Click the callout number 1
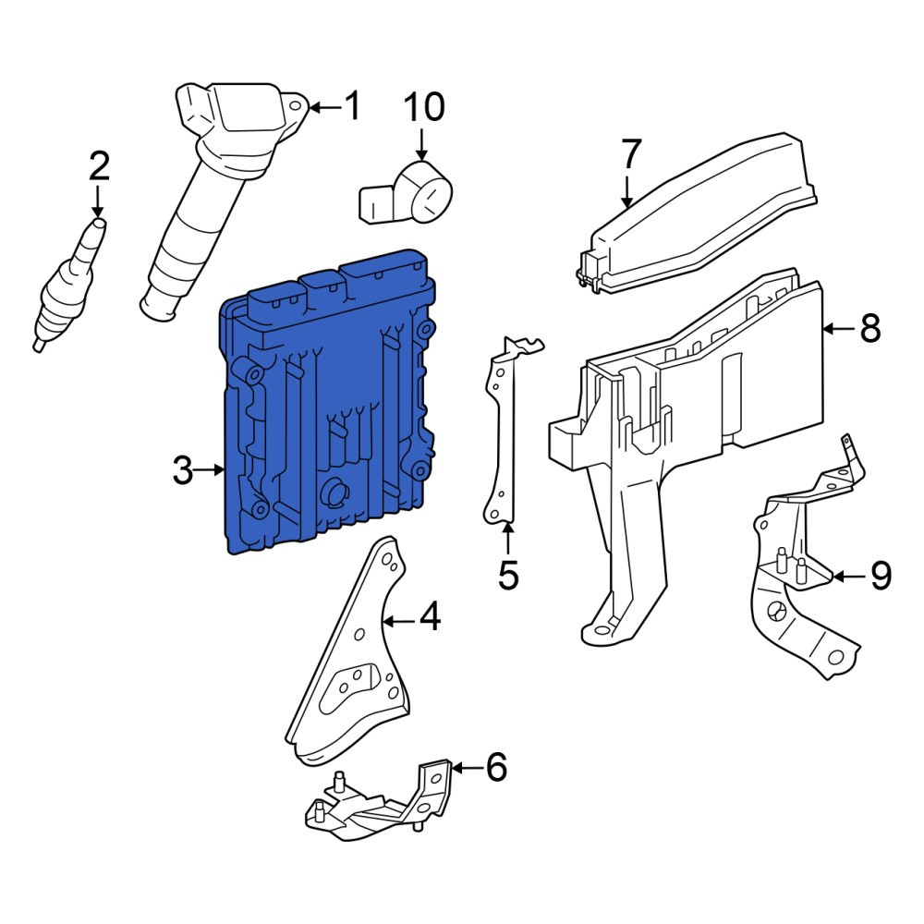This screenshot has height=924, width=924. click(x=352, y=106)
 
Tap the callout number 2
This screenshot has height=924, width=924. click(x=99, y=165)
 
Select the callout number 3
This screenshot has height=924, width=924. click(x=183, y=470)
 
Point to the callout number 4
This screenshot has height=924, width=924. click(x=430, y=616)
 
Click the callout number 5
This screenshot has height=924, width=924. click(x=508, y=575)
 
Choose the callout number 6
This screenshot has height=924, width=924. click(x=496, y=767)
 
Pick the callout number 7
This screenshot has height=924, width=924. click(x=630, y=153)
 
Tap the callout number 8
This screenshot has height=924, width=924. click(x=870, y=328)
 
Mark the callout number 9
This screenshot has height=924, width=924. click(x=881, y=575)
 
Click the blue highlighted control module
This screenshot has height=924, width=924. click(x=328, y=402)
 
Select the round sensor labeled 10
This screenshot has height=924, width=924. click(x=406, y=193)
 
